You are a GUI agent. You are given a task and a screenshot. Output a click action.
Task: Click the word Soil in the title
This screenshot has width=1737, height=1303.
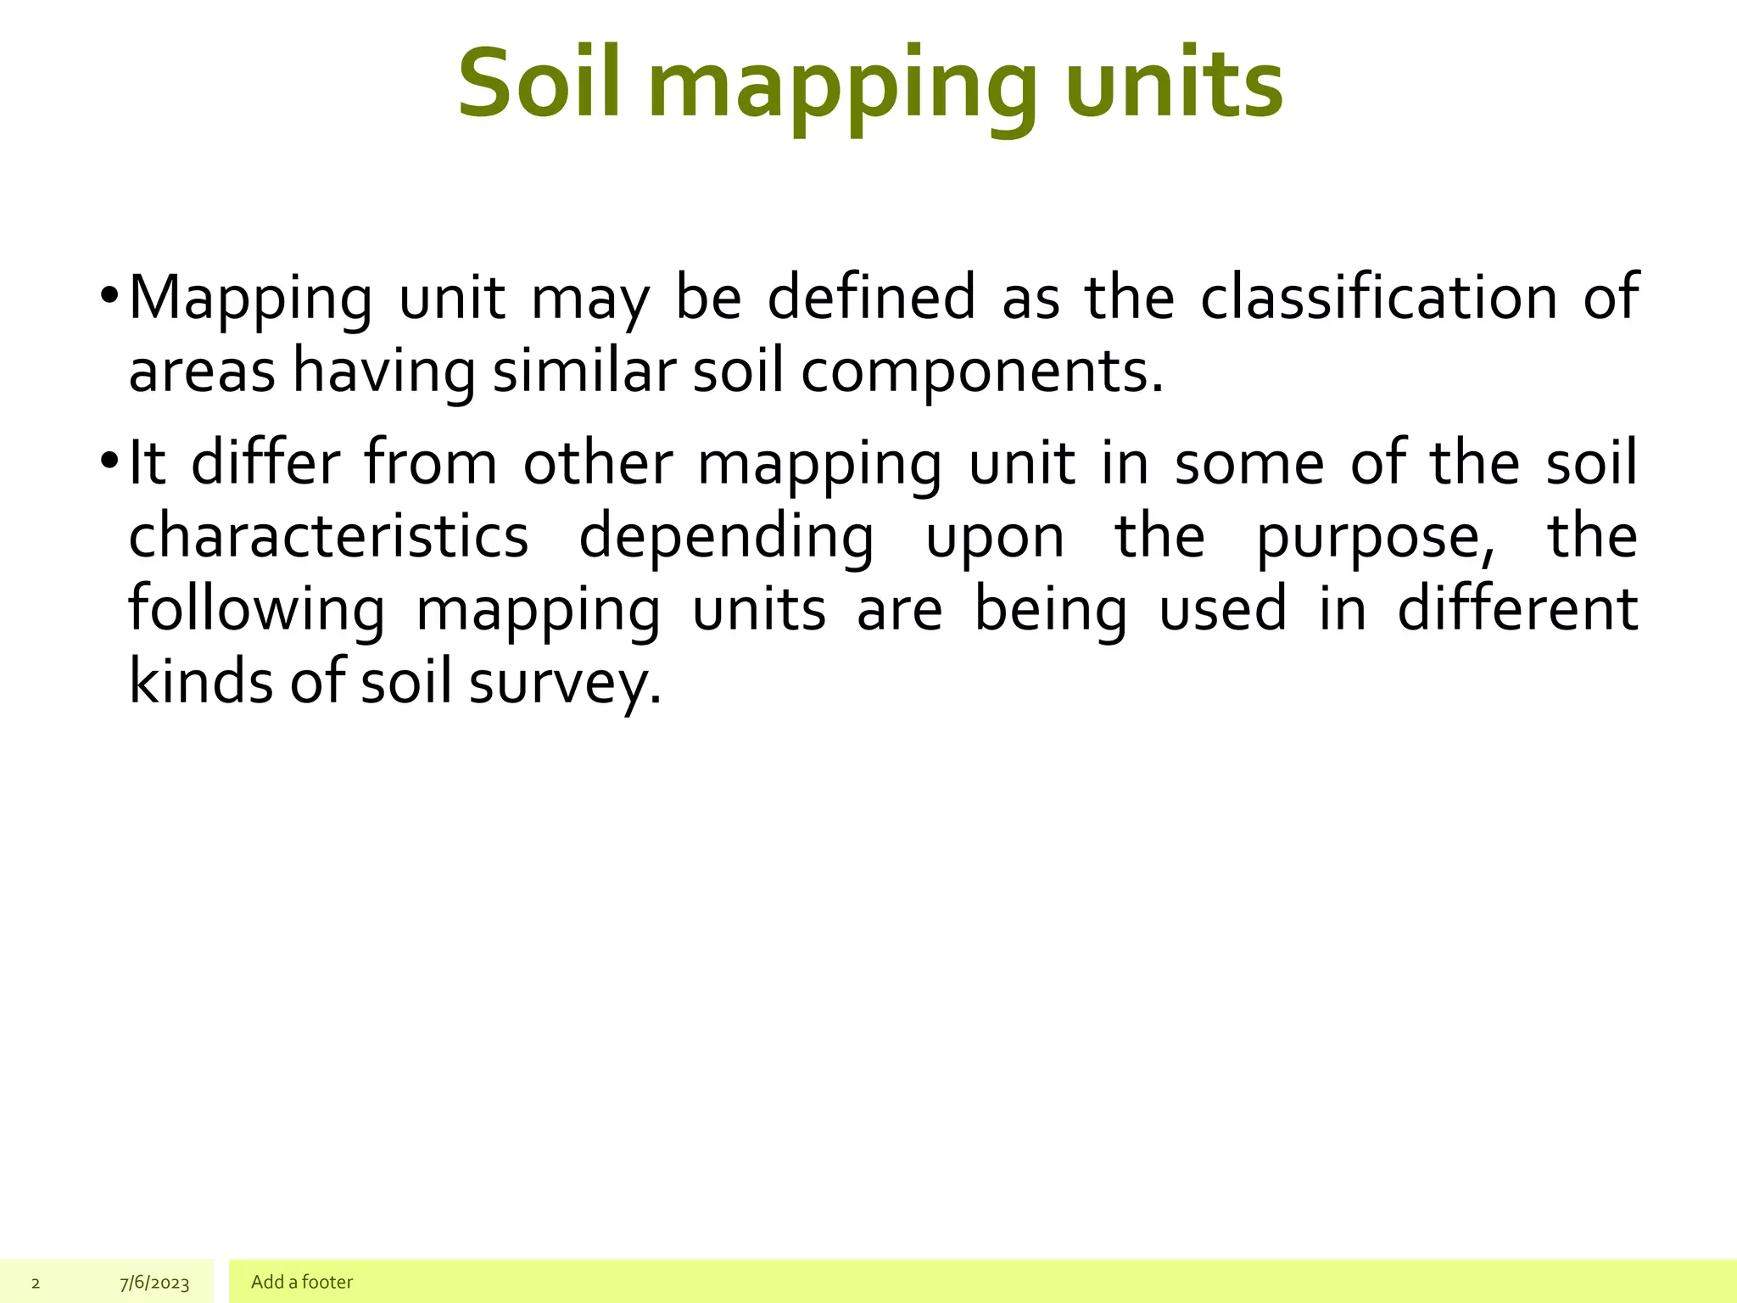540,83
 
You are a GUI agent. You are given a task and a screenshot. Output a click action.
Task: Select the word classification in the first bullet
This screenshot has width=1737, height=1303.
1378,298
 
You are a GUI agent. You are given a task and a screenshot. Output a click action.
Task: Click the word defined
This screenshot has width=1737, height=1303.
871,298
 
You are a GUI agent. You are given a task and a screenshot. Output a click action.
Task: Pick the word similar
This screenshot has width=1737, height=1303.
584,372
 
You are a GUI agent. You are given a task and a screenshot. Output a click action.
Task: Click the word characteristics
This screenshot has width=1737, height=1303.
328,536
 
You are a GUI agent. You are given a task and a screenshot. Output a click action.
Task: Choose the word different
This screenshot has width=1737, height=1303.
1517,609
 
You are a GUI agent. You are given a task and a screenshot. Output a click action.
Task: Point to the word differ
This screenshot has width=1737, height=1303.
265,463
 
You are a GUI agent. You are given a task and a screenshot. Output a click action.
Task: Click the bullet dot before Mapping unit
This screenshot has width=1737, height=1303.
109,297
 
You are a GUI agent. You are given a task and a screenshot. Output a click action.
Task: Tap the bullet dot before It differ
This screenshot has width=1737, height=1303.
109,462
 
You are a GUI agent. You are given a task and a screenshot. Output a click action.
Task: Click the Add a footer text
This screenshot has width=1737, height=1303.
302,1282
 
